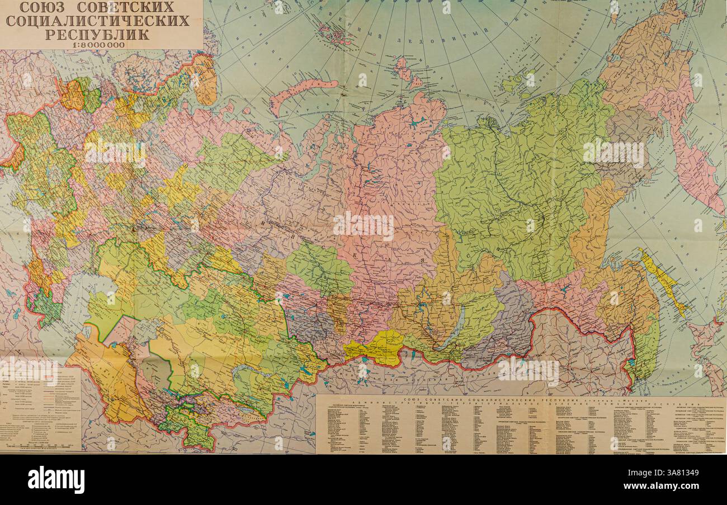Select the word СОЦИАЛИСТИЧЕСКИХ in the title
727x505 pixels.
click(x=98, y=21)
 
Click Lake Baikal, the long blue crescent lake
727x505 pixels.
click(x=455, y=330)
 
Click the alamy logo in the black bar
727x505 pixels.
click(x=56, y=480)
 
